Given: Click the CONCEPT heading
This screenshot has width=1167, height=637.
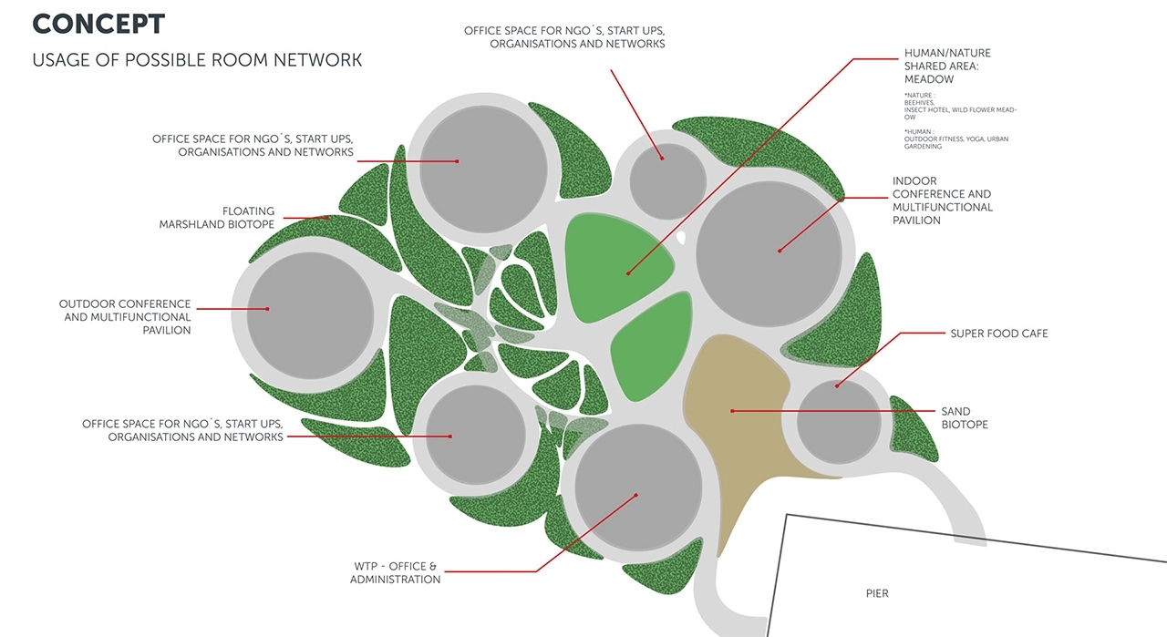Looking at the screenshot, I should [x=98, y=24].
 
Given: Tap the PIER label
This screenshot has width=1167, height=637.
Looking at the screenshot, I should [x=877, y=594].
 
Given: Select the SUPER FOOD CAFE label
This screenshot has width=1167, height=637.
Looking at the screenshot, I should [x=999, y=334].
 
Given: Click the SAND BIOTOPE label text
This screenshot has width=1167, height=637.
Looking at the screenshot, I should [x=965, y=418].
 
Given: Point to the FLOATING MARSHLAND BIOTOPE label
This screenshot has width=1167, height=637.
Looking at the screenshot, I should [x=217, y=218].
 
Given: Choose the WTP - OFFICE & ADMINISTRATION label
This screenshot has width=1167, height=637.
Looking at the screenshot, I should [x=395, y=572].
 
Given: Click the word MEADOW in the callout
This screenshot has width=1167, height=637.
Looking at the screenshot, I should [x=929, y=79].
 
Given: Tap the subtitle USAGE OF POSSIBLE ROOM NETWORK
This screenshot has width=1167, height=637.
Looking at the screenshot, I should [x=197, y=60].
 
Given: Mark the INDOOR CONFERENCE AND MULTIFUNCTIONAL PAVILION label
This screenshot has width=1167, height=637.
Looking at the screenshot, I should [x=942, y=200].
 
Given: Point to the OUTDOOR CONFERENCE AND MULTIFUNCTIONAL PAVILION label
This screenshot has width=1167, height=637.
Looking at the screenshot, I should [x=125, y=317].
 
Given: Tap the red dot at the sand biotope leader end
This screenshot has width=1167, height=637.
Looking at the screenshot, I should [x=732, y=411].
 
